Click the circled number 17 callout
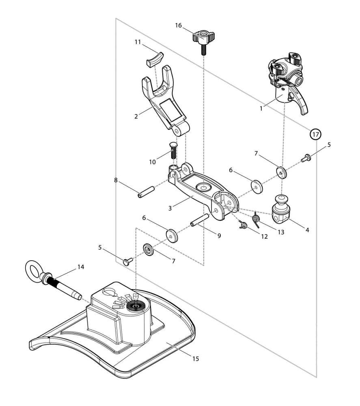coord(315,134)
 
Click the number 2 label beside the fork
coord(136,117)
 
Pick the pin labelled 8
coord(146,192)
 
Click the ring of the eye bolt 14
coord(34,270)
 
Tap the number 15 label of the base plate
coord(196,358)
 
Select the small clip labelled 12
coord(243,225)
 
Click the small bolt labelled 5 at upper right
coord(306,158)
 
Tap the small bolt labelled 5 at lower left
coord(128,261)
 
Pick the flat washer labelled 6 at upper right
coord(257,186)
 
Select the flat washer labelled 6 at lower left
coord(172,235)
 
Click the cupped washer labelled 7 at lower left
coord(149,250)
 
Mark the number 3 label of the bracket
coord(170,208)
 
